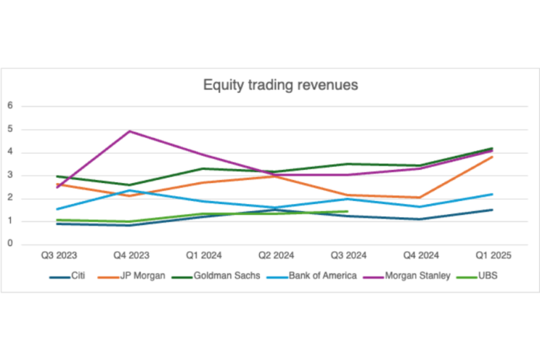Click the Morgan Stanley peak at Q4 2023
tap(130, 131)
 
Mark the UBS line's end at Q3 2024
tap(347, 211)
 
